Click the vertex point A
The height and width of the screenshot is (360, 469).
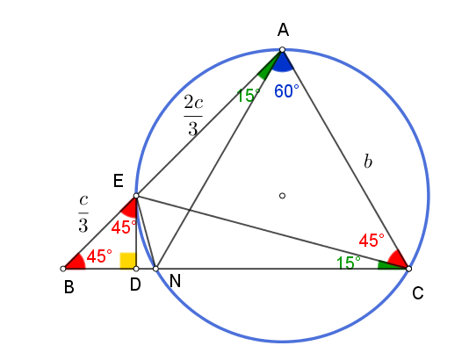(282, 50)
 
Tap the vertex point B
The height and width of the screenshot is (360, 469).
(63, 269)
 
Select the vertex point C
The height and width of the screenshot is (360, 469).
(408, 269)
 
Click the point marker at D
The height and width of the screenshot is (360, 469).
(136, 269)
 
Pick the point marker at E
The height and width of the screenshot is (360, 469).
(136, 196)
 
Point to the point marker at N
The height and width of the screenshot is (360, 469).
(155, 269)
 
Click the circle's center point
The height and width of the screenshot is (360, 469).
(282, 196)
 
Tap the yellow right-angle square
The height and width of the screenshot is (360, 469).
(128, 261)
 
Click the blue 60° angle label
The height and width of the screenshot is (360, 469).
(286, 91)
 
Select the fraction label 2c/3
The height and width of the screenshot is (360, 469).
(193, 116)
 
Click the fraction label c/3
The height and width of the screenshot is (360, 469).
(83, 213)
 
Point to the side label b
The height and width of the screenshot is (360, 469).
(368, 162)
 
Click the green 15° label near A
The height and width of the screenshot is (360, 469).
(248, 96)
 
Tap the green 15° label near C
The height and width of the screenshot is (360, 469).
(349, 263)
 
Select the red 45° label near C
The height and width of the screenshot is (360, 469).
(372, 240)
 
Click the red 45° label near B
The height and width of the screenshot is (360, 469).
(99, 256)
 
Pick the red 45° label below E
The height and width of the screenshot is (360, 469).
(124, 227)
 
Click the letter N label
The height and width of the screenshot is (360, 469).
(175, 281)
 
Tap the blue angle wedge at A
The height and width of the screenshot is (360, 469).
(282, 64)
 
